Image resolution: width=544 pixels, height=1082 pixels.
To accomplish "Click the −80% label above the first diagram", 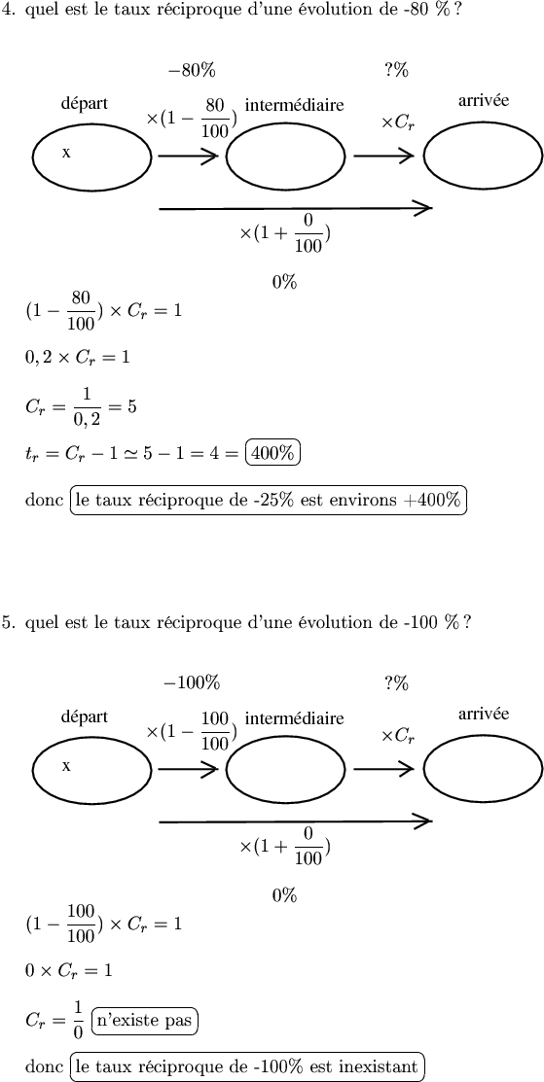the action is pyautogui.click(x=192, y=70).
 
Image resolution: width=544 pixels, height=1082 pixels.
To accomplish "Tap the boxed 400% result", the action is pyautogui.click(x=273, y=454).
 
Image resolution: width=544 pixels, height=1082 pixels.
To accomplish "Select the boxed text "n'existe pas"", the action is pyautogui.click(x=144, y=1021).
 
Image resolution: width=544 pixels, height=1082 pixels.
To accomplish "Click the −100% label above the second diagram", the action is pyautogui.click(x=192, y=683).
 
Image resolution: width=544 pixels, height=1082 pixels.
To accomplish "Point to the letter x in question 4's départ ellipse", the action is pyautogui.click(x=66, y=153).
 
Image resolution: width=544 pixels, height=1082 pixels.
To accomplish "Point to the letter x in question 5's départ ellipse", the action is pyautogui.click(x=66, y=766).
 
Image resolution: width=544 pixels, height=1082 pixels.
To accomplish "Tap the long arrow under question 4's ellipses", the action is pyautogui.click(x=296, y=207).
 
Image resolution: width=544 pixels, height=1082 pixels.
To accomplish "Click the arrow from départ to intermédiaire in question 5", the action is pyautogui.click(x=188, y=769).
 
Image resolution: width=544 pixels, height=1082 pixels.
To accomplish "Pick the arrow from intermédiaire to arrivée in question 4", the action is pyautogui.click(x=383, y=156).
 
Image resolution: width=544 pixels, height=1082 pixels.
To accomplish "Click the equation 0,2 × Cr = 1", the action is pyautogui.click(x=77, y=358).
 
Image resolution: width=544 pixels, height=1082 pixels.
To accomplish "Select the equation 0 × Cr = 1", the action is pyautogui.click(x=68, y=971).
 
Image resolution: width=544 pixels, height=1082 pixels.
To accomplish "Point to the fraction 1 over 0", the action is pyautogui.click(x=77, y=1021).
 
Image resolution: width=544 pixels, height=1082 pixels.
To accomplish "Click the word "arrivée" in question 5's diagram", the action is pyautogui.click(x=484, y=714).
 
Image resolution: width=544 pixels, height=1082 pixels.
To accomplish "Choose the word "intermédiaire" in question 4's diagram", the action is pyautogui.click(x=294, y=105).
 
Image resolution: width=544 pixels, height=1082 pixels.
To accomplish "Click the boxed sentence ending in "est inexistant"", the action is pyautogui.click(x=248, y=1065).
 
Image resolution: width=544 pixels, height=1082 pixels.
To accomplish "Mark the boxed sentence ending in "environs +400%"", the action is pyautogui.click(x=269, y=501).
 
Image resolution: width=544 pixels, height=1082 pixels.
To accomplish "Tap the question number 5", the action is pyautogui.click(x=7, y=622).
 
